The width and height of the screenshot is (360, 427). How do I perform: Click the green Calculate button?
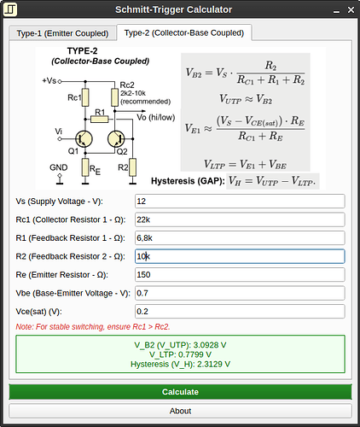click(180, 392)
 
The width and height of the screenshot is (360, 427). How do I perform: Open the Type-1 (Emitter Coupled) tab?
click(62, 33)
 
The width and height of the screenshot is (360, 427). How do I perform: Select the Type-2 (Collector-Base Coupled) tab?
click(184, 32)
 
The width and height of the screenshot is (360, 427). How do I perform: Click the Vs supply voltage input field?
click(240, 202)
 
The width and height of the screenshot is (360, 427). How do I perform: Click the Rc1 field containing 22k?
click(240, 219)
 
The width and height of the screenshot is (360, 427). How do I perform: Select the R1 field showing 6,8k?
click(240, 238)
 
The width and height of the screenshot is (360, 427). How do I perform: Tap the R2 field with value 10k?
click(240, 256)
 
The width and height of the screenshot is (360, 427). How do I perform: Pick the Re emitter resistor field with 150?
click(240, 275)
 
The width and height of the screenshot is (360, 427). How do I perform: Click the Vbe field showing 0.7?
click(240, 293)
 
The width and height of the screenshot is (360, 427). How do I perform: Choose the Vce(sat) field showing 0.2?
click(240, 312)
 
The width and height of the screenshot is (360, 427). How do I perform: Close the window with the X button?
click(351, 10)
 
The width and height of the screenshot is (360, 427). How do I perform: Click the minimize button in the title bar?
click(336, 10)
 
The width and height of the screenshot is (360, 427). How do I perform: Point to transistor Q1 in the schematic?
click(84, 139)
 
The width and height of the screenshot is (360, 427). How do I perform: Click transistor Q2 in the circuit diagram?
click(116, 139)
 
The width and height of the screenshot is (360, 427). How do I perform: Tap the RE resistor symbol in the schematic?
click(85, 167)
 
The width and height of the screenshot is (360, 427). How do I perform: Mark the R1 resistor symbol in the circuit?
click(100, 119)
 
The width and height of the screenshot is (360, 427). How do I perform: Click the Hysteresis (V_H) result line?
click(180, 364)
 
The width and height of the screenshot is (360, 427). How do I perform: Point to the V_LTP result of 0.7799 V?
click(180, 354)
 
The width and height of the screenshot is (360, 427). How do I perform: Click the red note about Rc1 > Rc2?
click(93, 327)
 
